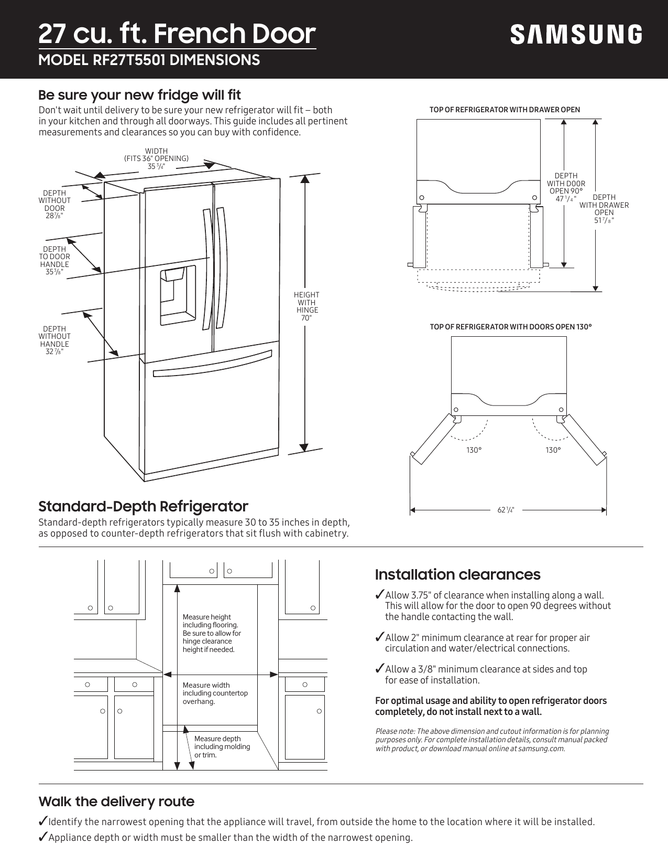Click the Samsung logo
click(x=576, y=35)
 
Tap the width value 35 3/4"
click(x=156, y=167)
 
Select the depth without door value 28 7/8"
click(x=54, y=216)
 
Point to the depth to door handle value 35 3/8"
click(x=54, y=272)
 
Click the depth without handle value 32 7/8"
click(x=54, y=352)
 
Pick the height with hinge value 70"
click(x=306, y=318)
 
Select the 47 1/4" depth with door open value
click(x=566, y=199)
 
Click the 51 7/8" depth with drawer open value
click(x=604, y=220)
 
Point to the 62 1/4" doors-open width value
click(x=506, y=510)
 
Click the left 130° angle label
click(x=474, y=450)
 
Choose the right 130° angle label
click(x=553, y=450)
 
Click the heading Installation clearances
click(x=457, y=574)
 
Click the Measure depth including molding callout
click(x=222, y=746)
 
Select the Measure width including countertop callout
click(x=215, y=693)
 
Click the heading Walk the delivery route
click(x=116, y=801)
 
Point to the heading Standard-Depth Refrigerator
click(x=143, y=506)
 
